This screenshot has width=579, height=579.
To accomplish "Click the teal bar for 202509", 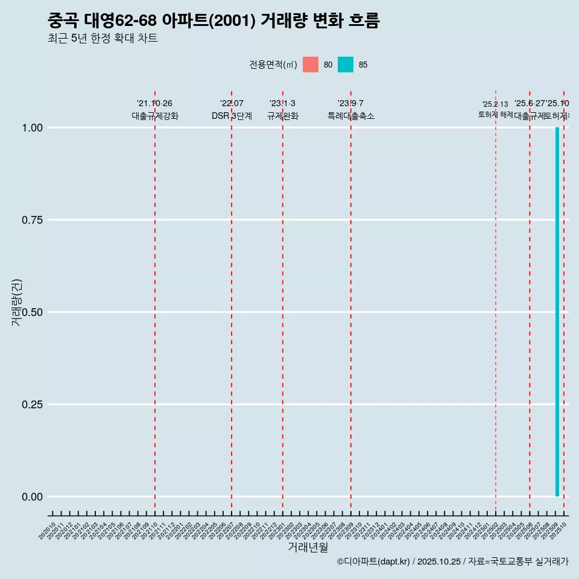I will (x=557, y=312).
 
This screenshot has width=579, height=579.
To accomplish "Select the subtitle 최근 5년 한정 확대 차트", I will (x=103, y=39).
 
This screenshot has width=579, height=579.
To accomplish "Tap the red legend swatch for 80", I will (x=311, y=65).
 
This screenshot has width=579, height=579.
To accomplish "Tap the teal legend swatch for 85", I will (x=346, y=65).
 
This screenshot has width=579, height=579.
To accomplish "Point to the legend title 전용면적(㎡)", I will (x=273, y=65).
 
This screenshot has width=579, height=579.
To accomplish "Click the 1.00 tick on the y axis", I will (x=33, y=128).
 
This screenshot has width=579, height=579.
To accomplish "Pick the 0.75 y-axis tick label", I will (x=33, y=220).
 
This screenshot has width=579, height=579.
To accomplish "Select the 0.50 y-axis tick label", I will (x=33, y=312).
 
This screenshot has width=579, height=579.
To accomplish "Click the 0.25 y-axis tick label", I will (x=33, y=405).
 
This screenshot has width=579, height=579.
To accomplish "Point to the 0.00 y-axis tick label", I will (x=33, y=497).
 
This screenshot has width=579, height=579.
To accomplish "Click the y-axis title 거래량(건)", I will (x=16, y=302).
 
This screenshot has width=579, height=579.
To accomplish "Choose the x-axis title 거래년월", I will (x=308, y=547).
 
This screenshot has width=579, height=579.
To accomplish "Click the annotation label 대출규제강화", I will (x=155, y=116).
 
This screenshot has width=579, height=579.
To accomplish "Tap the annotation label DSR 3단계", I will (x=232, y=116).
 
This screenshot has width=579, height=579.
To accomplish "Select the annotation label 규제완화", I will (x=283, y=116).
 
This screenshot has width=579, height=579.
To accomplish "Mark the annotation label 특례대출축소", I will (x=351, y=116).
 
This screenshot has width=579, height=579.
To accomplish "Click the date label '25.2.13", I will (x=495, y=104).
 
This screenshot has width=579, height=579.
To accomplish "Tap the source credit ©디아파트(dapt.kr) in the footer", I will (x=373, y=562).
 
